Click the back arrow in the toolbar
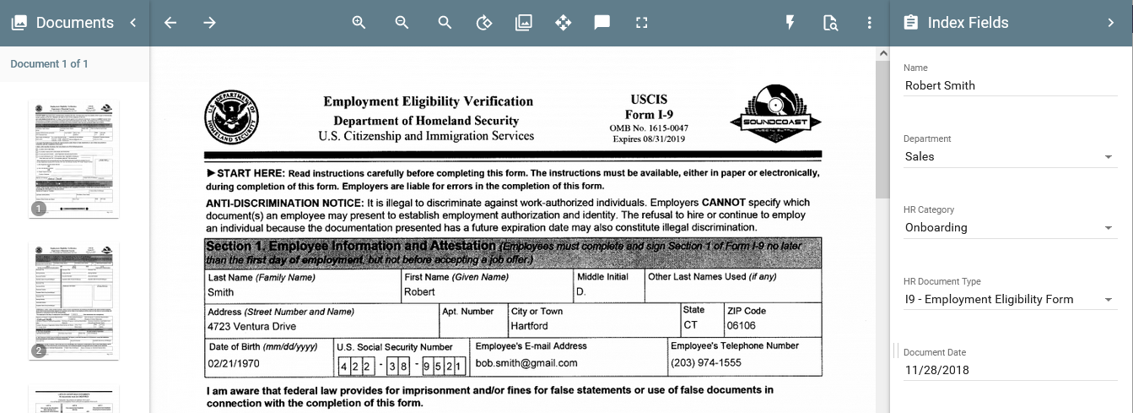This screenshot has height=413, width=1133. (170, 23)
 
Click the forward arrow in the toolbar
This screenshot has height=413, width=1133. (210, 23)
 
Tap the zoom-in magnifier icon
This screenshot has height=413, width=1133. (359, 23)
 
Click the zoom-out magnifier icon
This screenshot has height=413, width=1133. (402, 23)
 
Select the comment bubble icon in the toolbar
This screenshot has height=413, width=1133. (602, 23)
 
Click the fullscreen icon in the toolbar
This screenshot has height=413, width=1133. (642, 23)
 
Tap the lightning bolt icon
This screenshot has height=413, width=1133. (790, 23)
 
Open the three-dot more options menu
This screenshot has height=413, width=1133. (870, 23)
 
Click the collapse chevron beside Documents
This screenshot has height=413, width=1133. (133, 23)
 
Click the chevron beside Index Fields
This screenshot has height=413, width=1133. (1111, 23)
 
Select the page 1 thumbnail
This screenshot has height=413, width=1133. (74, 158)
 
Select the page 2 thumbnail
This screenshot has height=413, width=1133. (74, 300)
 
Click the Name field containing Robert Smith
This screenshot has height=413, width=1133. (1010, 85)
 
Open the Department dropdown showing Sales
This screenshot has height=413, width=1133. (1010, 156)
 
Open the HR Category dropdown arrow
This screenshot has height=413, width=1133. (1109, 228)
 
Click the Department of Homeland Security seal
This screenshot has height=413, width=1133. (231, 117)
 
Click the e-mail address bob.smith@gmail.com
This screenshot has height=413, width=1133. (526, 363)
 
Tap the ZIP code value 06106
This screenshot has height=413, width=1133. (741, 326)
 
